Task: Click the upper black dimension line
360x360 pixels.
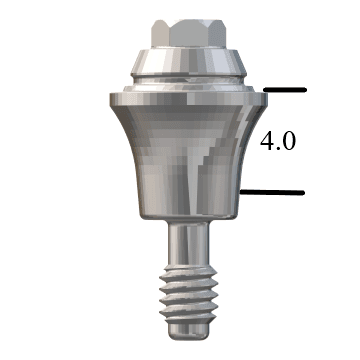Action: [284, 92]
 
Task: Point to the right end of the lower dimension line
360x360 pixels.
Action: [303, 190]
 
